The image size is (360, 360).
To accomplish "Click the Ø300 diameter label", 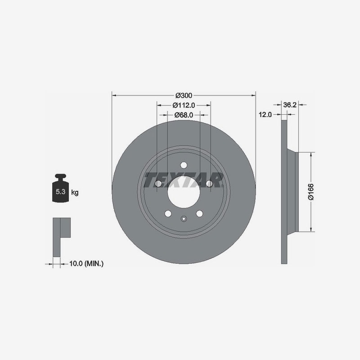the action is (184, 95).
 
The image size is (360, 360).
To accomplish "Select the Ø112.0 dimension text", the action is (184, 105).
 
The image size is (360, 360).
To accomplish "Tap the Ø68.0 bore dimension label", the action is (184, 115).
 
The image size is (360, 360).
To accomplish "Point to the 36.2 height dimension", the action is (290, 105).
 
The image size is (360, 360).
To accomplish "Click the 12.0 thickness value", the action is (265, 115).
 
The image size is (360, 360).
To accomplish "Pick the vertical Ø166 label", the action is (311, 192).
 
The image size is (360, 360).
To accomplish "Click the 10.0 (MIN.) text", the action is (86, 264).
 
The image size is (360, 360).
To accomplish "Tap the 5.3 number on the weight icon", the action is (60, 192).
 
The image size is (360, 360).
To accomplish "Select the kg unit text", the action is (75, 193).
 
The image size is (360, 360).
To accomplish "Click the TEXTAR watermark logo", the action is (184, 180).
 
